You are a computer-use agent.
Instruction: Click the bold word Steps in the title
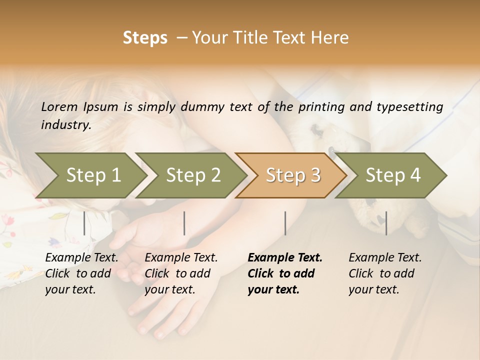pyautogui.click(x=145, y=38)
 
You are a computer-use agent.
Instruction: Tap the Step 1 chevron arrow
pyautogui.click(x=90, y=175)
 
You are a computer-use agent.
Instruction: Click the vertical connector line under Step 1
pyautogui.click(x=84, y=223)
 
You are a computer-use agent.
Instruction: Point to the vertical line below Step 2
pyautogui.click(x=184, y=223)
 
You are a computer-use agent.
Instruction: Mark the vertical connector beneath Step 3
pyautogui.click(x=285, y=223)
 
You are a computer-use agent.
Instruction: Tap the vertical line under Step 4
pyautogui.click(x=386, y=223)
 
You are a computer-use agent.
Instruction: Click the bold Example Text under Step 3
pyautogui.click(x=285, y=258)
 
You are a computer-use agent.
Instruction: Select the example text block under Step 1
pyautogui.click(x=81, y=273)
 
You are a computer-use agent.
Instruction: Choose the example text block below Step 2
pyautogui.click(x=181, y=273)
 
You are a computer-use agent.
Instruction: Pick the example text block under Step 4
pyautogui.click(x=385, y=273)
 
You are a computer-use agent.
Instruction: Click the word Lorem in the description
pyautogui.click(x=59, y=106)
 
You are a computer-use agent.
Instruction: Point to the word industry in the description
pyautogui.click(x=66, y=125)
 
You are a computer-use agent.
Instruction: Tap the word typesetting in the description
pyautogui.click(x=414, y=107)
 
